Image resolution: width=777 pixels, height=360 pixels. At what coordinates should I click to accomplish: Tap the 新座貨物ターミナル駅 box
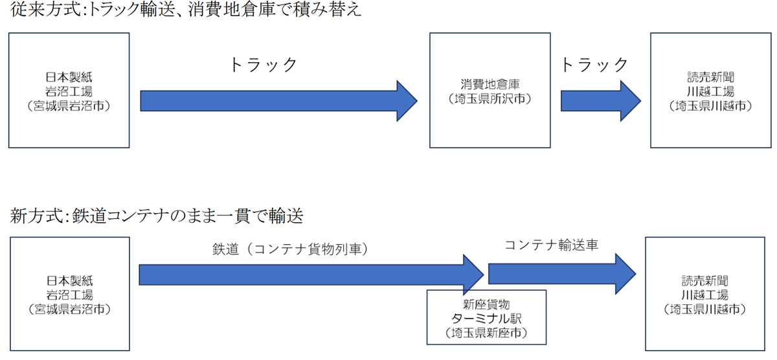[x=486, y=317]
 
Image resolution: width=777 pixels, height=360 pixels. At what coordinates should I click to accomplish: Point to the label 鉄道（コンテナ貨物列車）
[x=290, y=249]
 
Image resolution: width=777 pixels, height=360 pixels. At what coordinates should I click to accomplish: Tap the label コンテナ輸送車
[x=551, y=245]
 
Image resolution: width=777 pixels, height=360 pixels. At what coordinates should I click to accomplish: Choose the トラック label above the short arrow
[x=594, y=65]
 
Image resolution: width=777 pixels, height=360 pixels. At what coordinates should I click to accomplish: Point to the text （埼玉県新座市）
[x=486, y=333]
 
